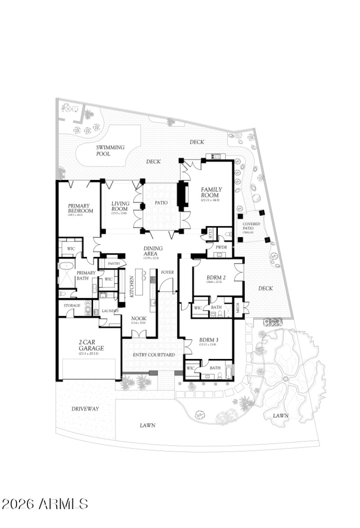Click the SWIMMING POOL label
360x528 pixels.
point(110,150)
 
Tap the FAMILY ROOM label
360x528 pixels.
point(211,192)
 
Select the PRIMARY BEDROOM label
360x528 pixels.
point(81,208)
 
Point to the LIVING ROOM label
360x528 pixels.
point(120,206)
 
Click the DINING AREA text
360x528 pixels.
point(153,251)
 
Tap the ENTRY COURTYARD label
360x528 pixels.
point(154,355)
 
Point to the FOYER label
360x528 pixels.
point(167,272)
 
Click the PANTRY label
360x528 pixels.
point(109,264)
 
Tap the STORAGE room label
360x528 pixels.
point(72,305)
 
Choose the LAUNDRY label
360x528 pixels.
point(110,310)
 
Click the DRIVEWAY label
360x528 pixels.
point(85,408)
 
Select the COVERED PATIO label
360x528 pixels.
point(251,226)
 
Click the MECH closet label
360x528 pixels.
point(238,308)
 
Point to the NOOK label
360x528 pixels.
point(138,317)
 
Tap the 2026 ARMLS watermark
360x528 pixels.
point(45,504)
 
